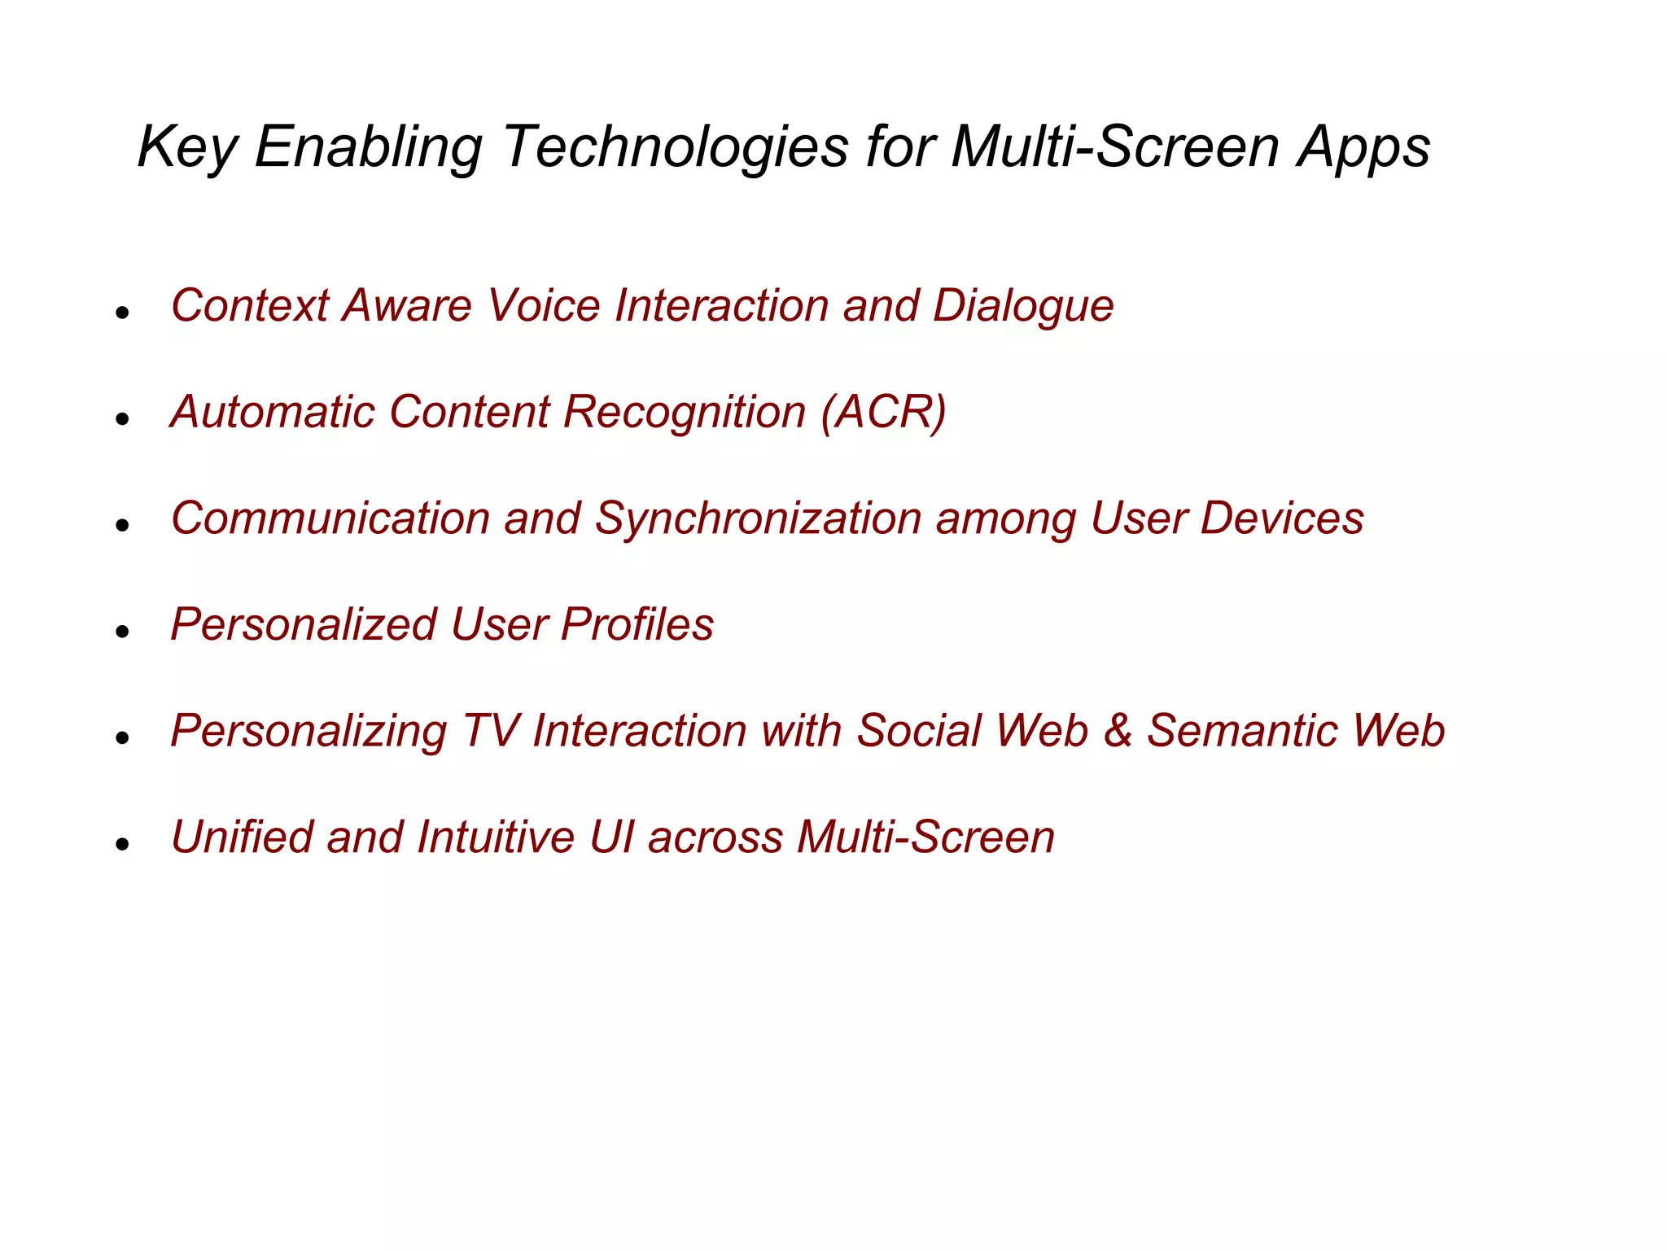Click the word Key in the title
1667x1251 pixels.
coord(187,147)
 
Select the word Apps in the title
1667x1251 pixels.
coord(1363,147)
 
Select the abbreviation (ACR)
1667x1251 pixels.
coord(883,412)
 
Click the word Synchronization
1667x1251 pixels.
coord(757,519)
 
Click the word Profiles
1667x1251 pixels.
coord(637,624)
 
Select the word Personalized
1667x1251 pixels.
coord(303,624)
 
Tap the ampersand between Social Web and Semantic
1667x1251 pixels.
coord(1118,731)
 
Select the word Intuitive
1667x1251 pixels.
coord(495,837)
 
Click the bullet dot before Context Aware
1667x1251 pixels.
coord(123,313)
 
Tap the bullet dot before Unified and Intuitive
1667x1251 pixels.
coord(123,844)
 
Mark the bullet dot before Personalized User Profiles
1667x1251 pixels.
coord(123,632)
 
